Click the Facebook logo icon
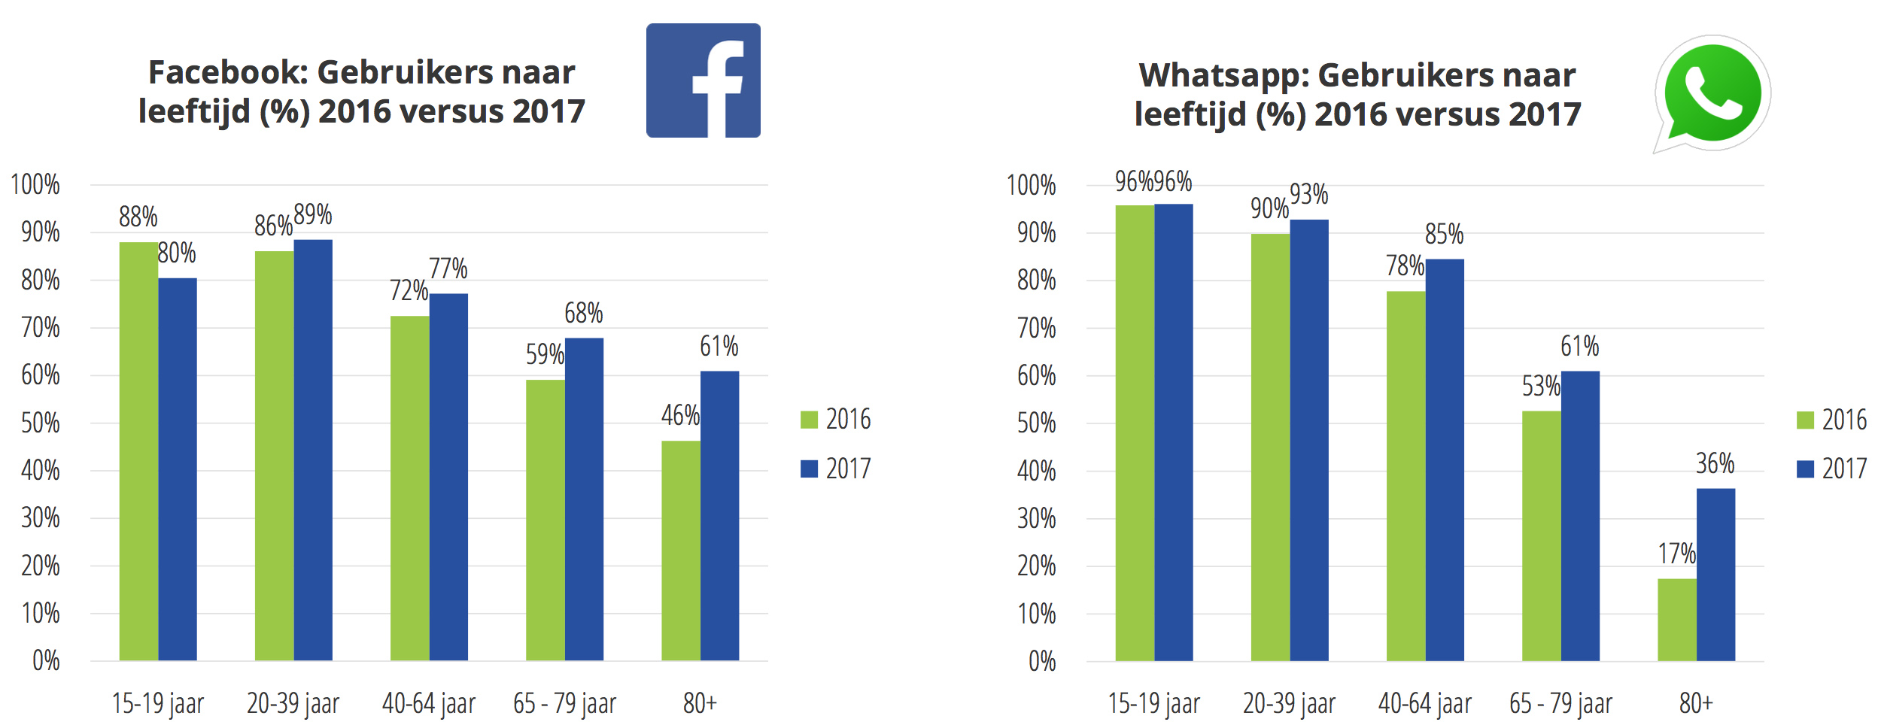point(703,80)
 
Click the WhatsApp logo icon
point(1712,93)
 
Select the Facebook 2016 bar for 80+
point(680,551)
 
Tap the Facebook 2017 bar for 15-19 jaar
point(178,469)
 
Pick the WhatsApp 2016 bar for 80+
point(1676,620)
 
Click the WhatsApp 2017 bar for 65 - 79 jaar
point(1580,516)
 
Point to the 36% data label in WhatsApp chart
point(1715,463)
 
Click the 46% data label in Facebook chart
point(680,415)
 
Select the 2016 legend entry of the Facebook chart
point(835,419)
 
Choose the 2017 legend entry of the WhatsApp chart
point(1831,469)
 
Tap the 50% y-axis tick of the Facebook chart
point(41,423)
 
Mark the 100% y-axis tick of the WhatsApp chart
point(1031,185)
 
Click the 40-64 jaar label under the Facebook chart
point(428,704)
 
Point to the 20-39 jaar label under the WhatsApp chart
point(1289,704)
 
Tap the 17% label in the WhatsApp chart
point(1676,554)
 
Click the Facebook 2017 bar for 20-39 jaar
point(313,450)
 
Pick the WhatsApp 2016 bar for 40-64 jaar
point(1405,476)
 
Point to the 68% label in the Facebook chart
point(583,313)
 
